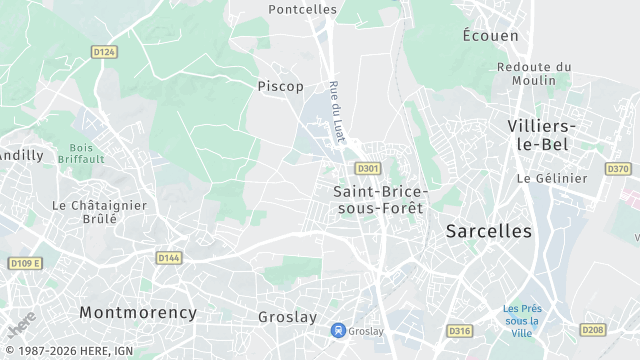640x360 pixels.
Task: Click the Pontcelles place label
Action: pos(303,9)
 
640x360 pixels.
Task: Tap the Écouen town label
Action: pos(490,35)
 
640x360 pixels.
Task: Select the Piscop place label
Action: pos(280,86)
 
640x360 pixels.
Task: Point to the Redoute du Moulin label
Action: pos(534,73)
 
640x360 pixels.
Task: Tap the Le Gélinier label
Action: pos(552,178)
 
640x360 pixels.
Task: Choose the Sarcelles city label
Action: pos(489,231)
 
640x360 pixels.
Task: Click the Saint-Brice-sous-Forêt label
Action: pos(379,199)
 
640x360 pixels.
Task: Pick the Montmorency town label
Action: pos(138,312)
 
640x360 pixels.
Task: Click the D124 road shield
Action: pos(104,52)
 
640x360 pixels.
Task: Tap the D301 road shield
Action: pos(368,169)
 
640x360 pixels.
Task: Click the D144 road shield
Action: pos(169,258)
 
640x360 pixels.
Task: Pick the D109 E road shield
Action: pos(25,263)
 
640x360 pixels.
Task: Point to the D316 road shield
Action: pos(459,331)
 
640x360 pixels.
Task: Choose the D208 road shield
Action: pos(593,330)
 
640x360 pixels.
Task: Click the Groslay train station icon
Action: pos(339,330)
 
